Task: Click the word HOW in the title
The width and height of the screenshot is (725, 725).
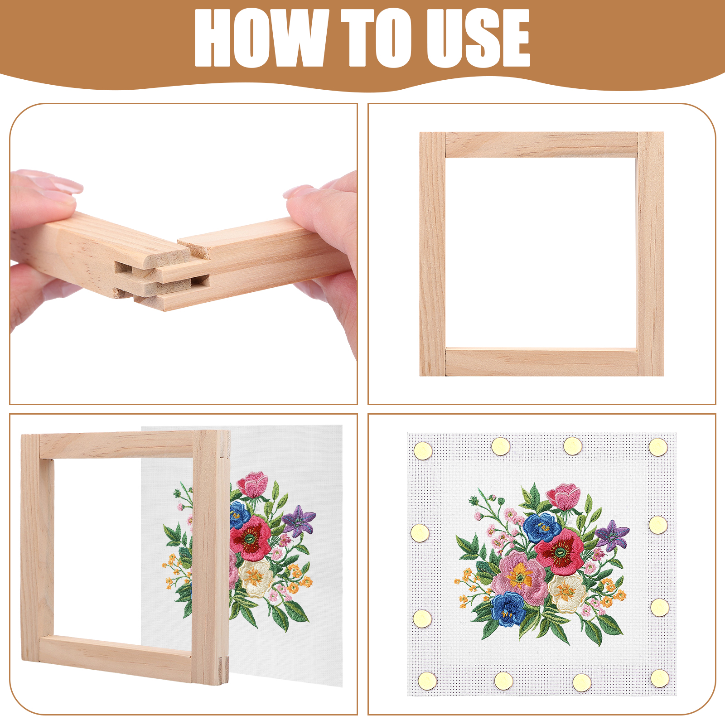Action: [x=262, y=38]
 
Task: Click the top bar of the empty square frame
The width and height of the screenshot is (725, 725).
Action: [x=542, y=145]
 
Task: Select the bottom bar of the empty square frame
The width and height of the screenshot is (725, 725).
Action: [x=542, y=362]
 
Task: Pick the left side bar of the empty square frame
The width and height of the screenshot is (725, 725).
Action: [x=433, y=254]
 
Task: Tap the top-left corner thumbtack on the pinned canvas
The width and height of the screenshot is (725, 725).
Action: [x=423, y=450]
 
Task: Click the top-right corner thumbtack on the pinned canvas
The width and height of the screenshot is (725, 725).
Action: [x=658, y=447]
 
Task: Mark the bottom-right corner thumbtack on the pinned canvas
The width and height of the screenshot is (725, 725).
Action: [x=659, y=678]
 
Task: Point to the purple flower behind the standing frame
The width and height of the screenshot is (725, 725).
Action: [x=299, y=521]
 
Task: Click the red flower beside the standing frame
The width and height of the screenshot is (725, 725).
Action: [x=250, y=538]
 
